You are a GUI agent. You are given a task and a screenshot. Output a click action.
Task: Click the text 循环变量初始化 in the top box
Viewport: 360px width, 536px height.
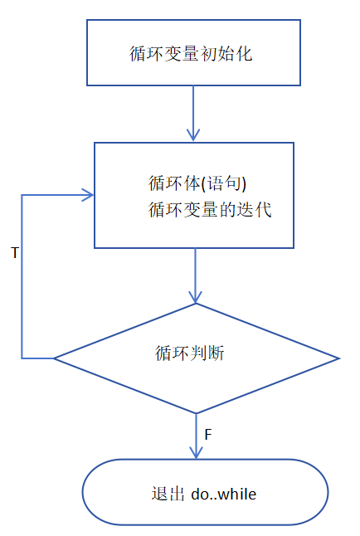[192, 55]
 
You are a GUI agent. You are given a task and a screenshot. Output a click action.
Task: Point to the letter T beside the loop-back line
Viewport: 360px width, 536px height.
[14, 251]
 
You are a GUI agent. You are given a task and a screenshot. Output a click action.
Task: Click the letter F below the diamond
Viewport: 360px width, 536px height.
[207, 433]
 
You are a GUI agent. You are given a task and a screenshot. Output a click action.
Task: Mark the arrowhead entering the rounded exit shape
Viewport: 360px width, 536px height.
[196, 452]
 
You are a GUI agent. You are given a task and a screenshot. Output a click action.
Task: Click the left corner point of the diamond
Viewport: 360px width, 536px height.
[55, 358]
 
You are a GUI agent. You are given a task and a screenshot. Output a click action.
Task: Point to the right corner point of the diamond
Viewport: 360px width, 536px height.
[339, 358]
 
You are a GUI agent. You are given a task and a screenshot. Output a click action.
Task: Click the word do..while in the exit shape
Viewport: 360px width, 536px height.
[223, 494]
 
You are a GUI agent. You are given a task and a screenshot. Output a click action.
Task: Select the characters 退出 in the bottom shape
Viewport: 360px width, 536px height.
[157, 494]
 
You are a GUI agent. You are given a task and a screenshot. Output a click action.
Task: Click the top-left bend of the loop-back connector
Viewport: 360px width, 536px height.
[22, 196]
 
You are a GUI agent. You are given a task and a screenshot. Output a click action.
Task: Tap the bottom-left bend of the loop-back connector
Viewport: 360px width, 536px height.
[22, 358]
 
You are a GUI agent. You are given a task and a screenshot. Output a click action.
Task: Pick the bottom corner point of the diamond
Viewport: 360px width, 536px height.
[196, 413]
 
